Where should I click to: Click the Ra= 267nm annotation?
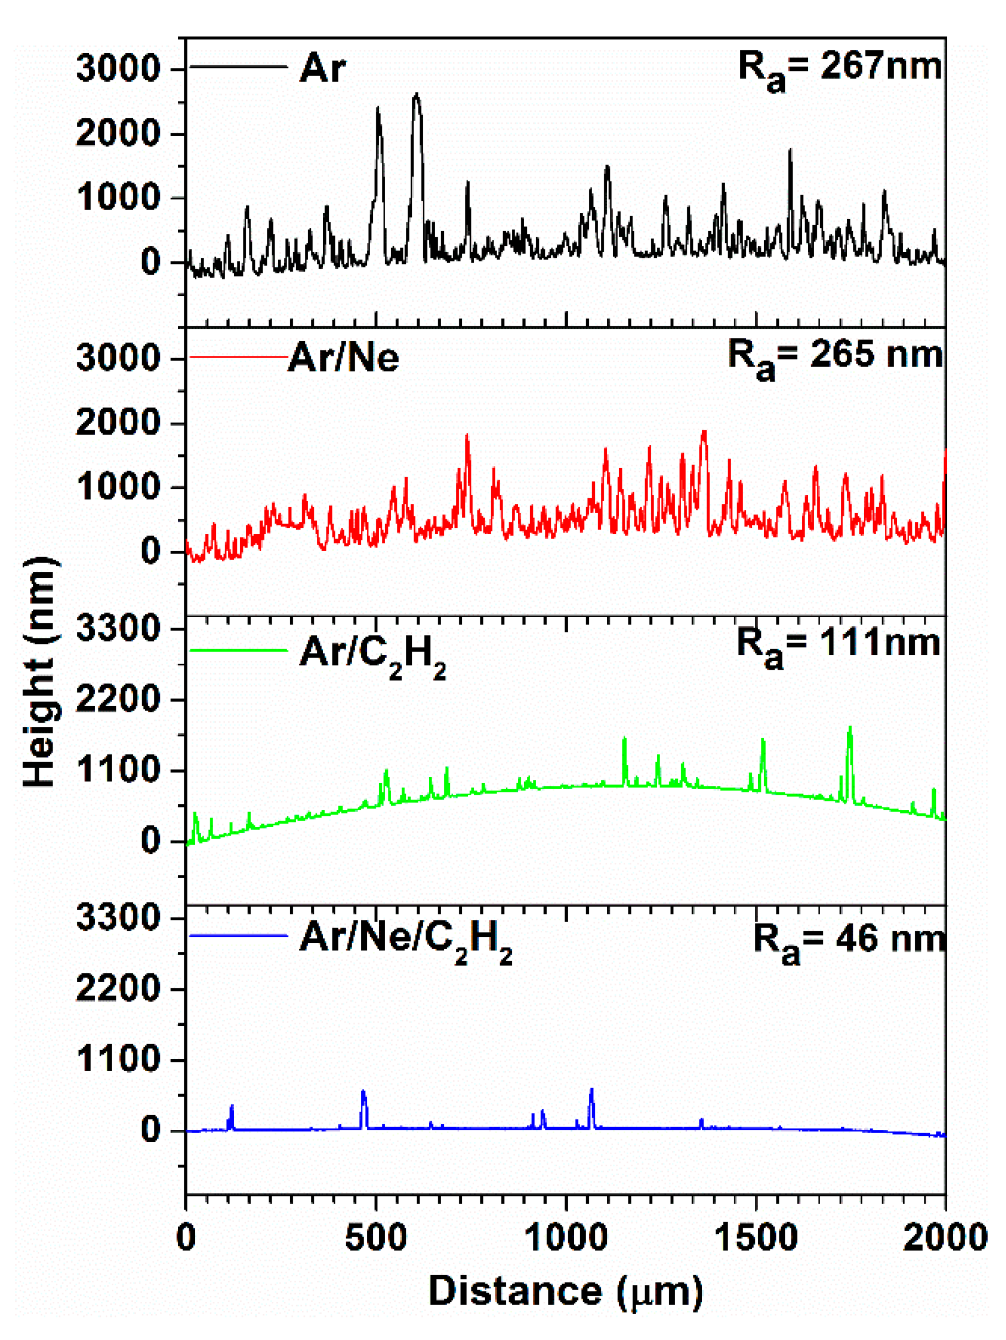(x=839, y=68)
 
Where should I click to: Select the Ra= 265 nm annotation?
(x=834, y=357)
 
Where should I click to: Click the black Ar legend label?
(x=322, y=68)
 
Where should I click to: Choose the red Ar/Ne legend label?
(x=344, y=357)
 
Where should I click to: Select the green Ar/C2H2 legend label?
(x=372, y=655)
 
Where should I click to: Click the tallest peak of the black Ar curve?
(x=416, y=95)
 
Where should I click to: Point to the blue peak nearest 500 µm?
(x=363, y=1092)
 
